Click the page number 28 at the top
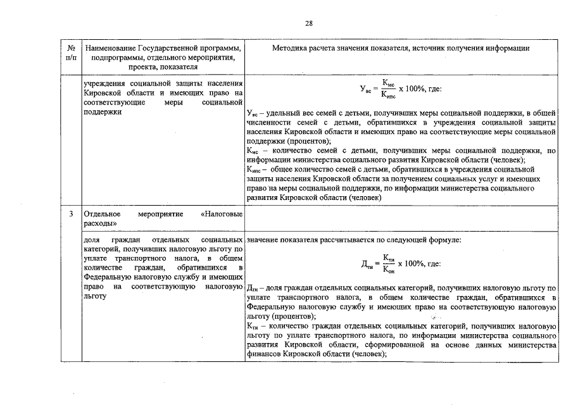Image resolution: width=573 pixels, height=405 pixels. (309, 23)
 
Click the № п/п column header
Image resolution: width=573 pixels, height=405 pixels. (71, 53)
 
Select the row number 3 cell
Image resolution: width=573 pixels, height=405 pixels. (71, 215)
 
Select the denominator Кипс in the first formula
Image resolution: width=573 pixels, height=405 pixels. (389, 97)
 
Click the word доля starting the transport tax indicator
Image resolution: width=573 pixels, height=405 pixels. (92, 240)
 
